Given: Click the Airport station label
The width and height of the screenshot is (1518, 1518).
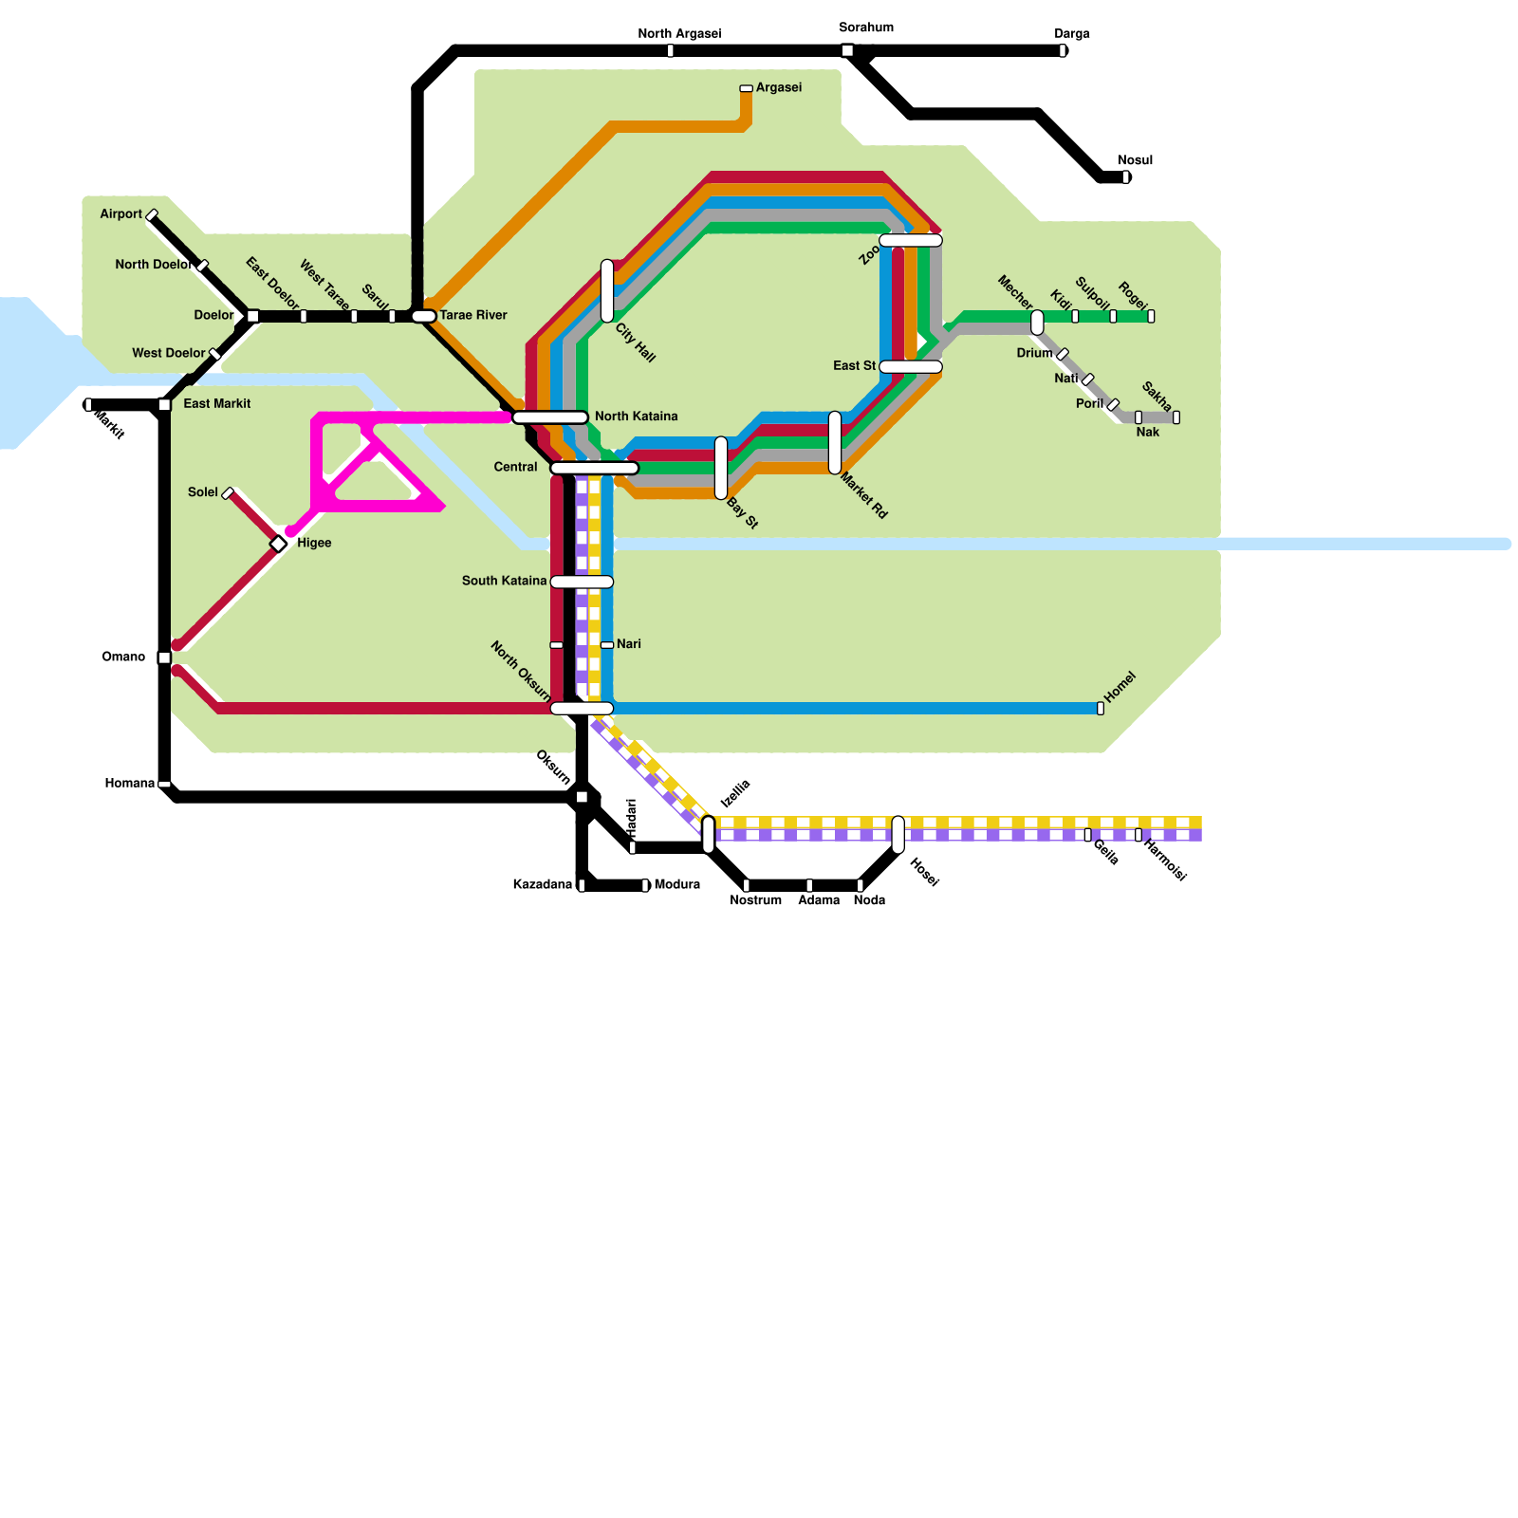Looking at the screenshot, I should pyautogui.click(x=120, y=214).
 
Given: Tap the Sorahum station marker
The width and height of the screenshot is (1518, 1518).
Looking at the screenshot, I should pyautogui.click(x=847, y=50).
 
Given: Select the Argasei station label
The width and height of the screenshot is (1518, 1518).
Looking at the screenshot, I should pyautogui.click(x=778, y=88).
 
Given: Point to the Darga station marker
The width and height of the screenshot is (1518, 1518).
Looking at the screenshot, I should pyautogui.click(x=1063, y=50).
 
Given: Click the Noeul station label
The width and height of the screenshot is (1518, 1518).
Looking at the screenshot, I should pyautogui.click(x=1135, y=160).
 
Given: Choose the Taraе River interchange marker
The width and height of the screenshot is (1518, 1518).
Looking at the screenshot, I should pyautogui.click(x=423, y=316).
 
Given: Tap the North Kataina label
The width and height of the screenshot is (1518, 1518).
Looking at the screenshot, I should pyautogui.click(x=636, y=417).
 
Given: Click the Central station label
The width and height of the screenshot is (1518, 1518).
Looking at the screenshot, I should pyautogui.click(x=515, y=467).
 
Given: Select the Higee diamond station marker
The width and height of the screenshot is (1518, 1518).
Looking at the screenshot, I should pyautogui.click(x=279, y=544).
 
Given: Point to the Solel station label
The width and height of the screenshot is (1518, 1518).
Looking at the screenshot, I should pyautogui.click(x=202, y=492).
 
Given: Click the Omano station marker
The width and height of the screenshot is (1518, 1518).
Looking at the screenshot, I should pyautogui.click(x=164, y=657).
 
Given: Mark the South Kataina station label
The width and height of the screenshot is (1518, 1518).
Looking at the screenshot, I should pyautogui.click(x=504, y=581).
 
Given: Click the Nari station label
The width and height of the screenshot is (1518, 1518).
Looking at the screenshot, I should pyautogui.click(x=628, y=644).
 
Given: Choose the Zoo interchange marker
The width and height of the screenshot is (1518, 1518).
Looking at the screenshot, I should pyautogui.click(x=910, y=240).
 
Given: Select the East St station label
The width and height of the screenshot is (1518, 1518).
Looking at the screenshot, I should pyautogui.click(x=854, y=366).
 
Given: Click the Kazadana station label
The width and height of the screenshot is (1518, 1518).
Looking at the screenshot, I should pyautogui.click(x=542, y=884).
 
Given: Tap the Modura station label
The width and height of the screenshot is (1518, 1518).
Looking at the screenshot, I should pyautogui.click(x=676, y=884).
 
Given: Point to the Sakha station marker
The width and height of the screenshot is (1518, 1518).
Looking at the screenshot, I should pyautogui.click(x=1176, y=417).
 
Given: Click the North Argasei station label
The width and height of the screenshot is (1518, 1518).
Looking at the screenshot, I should pyautogui.click(x=679, y=34).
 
